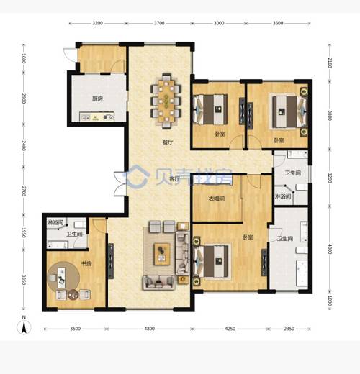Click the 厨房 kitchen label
[x=99, y=100]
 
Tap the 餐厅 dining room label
[x=168, y=142]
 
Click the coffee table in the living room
[x=161, y=251]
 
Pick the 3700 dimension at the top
[x=160, y=24]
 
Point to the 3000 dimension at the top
[x=219, y=24]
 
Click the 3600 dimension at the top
[x=278, y=24]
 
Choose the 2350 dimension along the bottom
[x=289, y=329]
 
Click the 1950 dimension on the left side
[x=23, y=232]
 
